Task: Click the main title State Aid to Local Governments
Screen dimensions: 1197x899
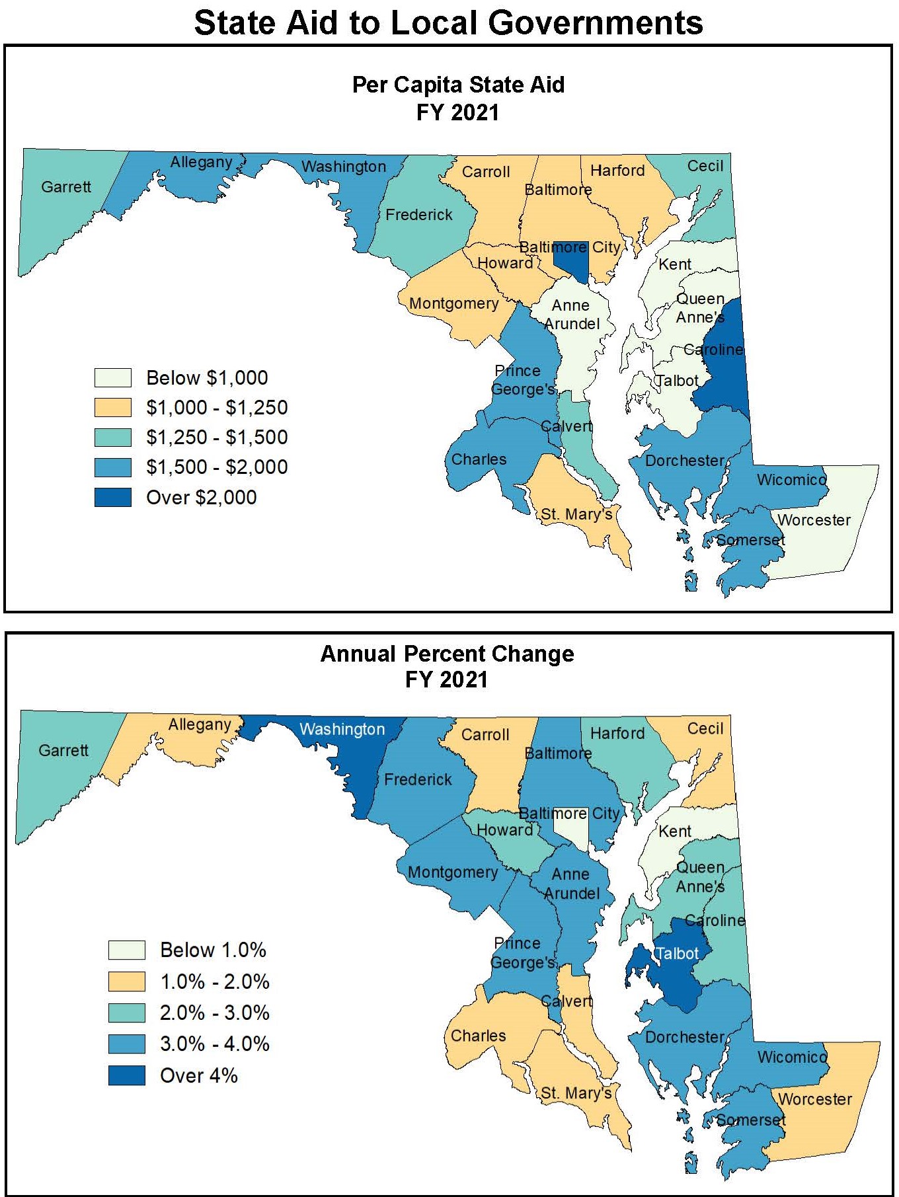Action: tap(448, 22)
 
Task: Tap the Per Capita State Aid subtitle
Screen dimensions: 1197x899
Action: tap(458, 85)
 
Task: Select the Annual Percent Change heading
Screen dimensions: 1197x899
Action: tap(447, 654)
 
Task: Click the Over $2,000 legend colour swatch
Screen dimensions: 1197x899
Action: tap(113, 497)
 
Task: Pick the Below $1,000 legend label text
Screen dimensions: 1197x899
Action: tap(207, 378)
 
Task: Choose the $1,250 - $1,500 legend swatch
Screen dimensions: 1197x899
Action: tap(113, 438)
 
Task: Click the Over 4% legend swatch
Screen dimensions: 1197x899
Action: tap(127, 1075)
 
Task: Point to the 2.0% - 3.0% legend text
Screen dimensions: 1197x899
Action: tap(215, 1013)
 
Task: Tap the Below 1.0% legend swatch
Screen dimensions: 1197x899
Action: tap(127, 950)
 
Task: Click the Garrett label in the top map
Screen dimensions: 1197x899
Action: tap(66, 187)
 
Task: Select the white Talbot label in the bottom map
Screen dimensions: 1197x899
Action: tap(676, 953)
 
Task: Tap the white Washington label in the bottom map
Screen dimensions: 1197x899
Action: tap(342, 729)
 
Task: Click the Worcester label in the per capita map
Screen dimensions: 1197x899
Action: tap(814, 520)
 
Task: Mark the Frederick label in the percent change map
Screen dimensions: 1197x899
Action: tap(418, 780)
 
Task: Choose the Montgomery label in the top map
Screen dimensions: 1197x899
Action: tap(454, 303)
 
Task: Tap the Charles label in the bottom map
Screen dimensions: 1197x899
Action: tap(478, 1036)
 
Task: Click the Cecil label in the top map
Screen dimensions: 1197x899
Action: tap(705, 166)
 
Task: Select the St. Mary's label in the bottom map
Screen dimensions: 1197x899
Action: tap(576, 1093)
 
